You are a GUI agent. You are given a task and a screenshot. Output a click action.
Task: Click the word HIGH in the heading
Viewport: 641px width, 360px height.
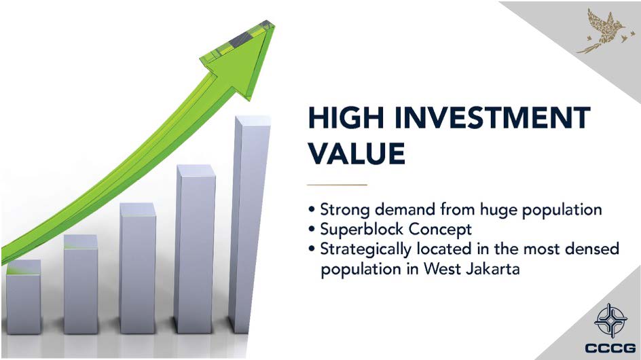point(346,118)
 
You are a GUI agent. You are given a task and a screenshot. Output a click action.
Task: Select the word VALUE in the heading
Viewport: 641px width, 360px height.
point(356,154)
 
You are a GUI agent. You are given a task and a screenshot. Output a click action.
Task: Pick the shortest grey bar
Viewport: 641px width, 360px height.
point(23,297)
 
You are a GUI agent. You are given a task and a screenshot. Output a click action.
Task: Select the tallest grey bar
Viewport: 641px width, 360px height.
point(250,224)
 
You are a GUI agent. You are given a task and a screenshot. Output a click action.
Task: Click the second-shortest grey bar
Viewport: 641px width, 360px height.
point(81,285)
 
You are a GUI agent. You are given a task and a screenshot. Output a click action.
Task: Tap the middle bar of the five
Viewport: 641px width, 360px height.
point(137,268)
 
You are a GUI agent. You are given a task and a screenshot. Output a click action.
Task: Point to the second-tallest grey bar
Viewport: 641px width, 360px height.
point(195,249)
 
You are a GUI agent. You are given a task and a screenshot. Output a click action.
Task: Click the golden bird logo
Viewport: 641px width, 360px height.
point(606,31)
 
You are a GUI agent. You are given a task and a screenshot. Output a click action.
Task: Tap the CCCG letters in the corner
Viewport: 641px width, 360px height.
point(610,348)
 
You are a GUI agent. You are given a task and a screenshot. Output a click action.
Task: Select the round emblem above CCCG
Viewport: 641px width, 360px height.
point(610,321)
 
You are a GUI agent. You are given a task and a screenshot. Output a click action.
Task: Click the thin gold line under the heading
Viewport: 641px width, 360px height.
point(337,185)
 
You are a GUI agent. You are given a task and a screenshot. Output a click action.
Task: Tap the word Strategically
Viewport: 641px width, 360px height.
point(365,249)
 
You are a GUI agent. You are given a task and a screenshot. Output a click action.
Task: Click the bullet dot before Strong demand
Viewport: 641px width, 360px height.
point(312,210)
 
